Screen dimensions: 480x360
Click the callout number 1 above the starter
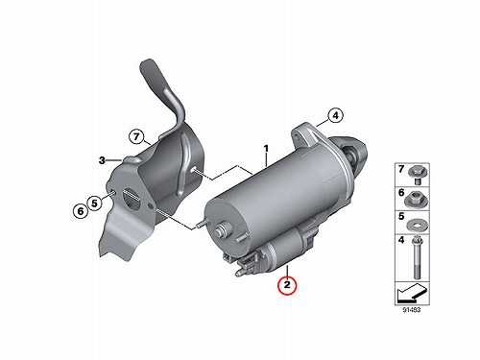pyautogui.click(x=266, y=149)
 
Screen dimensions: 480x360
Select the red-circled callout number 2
pyautogui.click(x=287, y=284)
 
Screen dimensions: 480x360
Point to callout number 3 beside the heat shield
pyautogui.click(x=102, y=160)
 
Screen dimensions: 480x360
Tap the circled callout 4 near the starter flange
pyautogui.click(x=335, y=115)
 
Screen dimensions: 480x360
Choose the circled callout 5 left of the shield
pyautogui.click(x=94, y=203)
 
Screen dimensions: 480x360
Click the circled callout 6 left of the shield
pyautogui.click(x=81, y=211)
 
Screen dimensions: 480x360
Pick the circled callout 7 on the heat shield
pyautogui.click(x=136, y=137)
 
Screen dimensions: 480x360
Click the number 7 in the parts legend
pyautogui.click(x=401, y=169)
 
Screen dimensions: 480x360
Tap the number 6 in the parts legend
pyautogui.click(x=401, y=193)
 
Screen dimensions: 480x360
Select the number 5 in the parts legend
pyautogui.click(x=401, y=217)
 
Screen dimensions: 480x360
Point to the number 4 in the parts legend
pyautogui.click(x=401, y=240)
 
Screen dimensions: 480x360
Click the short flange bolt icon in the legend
pyautogui.click(x=417, y=175)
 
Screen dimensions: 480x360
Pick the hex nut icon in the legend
pyautogui.click(x=417, y=199)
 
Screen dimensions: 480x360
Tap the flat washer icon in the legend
pyautogui.click(x=418, y=225)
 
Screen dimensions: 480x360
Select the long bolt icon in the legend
pyautogui.click(x=417, y=257)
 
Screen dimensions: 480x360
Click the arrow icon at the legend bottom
pyautogui.click(x=411, y=294)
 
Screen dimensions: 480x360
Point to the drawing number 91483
pyautogui.click(x=412, y=310)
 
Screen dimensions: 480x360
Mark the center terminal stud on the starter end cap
pyautogui.click(x=221, y=230)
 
